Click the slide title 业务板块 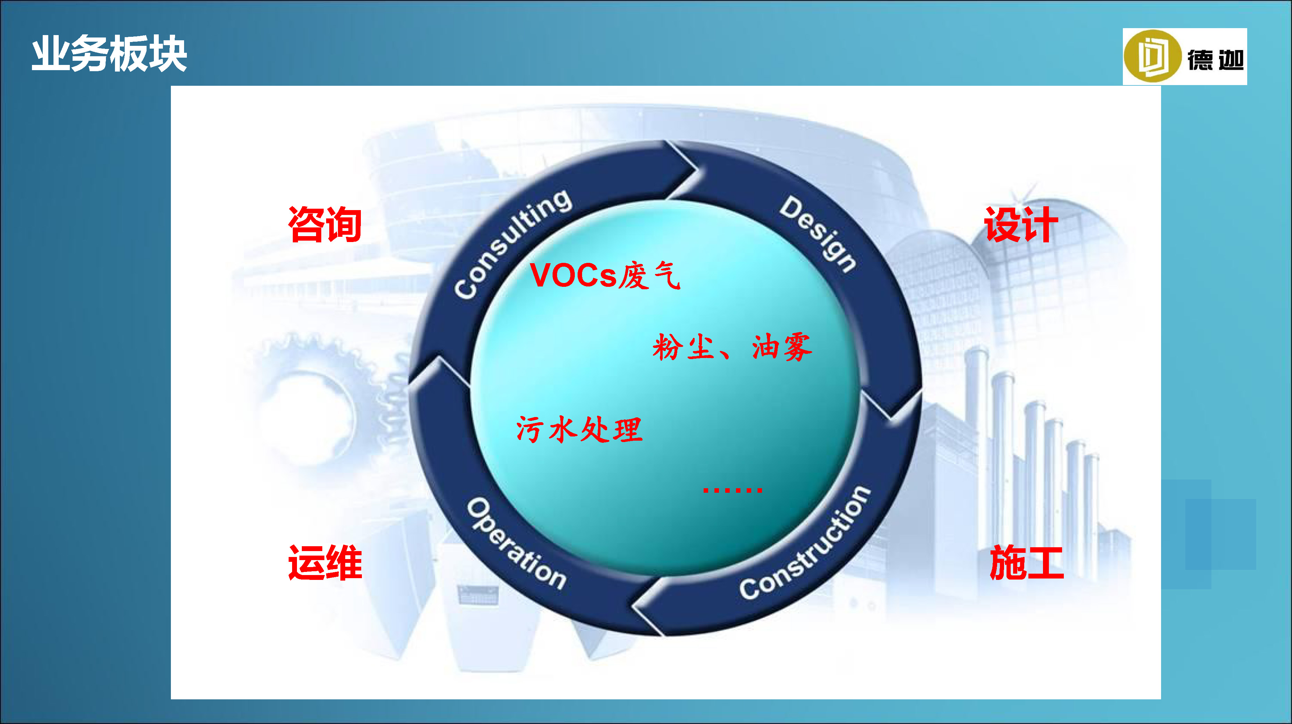(109, 53)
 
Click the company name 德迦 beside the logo (1216, 60)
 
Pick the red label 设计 (1021, 225)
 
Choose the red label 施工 (1026, 563)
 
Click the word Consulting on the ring (512, 243)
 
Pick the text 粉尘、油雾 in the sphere (732, 347)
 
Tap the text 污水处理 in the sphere (579, 430)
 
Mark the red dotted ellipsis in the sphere (733, 490)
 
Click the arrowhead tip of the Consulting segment (698, 169)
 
